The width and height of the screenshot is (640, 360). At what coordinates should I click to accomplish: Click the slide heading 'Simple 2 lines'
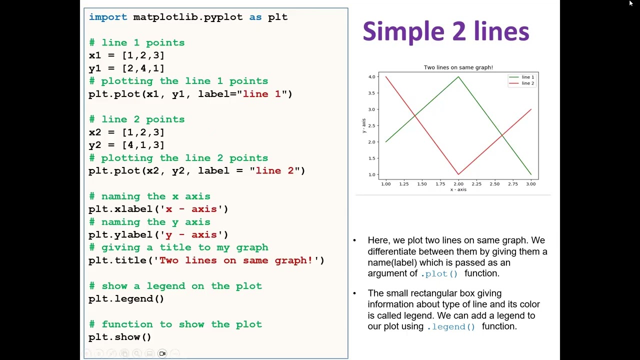pyautogui.click(x=445, y=31)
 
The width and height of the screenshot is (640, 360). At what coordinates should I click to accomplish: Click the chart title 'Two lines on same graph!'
pyautogui.click(x=458, y=67)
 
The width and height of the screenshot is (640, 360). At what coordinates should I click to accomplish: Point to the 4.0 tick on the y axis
pyautogui.click(x=371, y=77)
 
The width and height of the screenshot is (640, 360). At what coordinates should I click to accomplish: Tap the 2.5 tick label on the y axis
pyautogui.click(x=371, y=125)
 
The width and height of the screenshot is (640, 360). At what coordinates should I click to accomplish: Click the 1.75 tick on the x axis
pyautogui.click(x=440, y=184)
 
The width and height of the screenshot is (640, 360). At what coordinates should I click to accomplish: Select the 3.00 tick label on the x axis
pyautogui.click(x=530, y=184)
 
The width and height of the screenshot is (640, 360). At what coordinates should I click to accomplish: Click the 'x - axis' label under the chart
pyautogui.click(x=458, y=189)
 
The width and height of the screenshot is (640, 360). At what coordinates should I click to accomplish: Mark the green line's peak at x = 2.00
pyautogui.click(x=458, y=77)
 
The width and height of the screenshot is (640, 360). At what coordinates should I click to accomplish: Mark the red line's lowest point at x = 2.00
pyautogui.click(x=458, y=174)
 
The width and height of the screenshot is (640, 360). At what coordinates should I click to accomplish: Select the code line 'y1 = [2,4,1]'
pyautogui.click(x=126, y=68)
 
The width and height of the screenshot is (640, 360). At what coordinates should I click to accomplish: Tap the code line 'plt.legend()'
pyautogui.click(x=126, y=299)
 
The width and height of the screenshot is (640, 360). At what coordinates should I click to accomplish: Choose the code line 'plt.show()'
pyautogui.click(x=119, y=337)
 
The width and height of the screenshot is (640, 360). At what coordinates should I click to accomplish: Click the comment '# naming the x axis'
pyautogui.click(x=149, y=196)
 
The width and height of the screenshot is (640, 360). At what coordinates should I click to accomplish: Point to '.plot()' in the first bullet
pyautogui.click(x=439, y=274)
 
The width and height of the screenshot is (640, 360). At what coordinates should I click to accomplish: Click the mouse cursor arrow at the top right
pyautogui.click(x=631, y=3)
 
